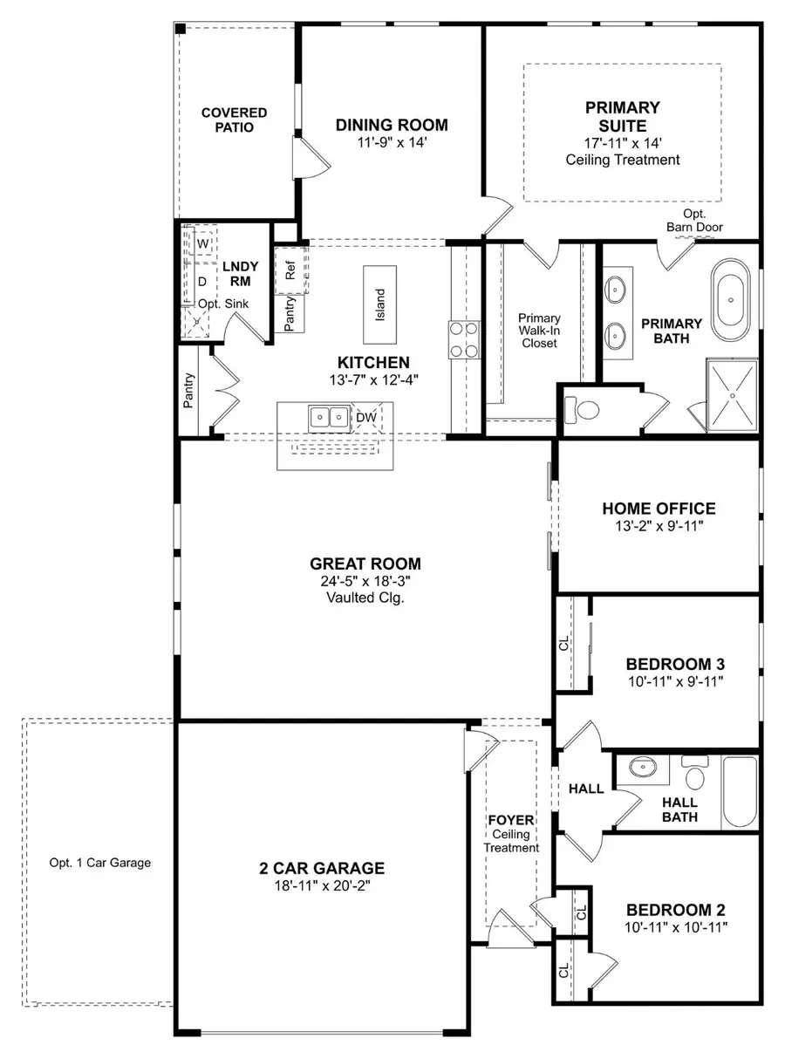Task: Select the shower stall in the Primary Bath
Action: [732, 394]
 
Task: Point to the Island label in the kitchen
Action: [379, 305]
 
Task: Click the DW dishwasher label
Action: [365, 418]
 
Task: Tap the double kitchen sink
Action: [329, 418]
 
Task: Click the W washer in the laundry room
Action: [202, 242]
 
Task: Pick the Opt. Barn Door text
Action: [694, 221]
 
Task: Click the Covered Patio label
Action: [234, 120]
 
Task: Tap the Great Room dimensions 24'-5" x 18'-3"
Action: [365, 581]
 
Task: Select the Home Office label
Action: [659, 509]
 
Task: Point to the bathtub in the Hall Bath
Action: [741, 791]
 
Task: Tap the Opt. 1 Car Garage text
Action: [100, 863]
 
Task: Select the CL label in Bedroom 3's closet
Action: [563, 645]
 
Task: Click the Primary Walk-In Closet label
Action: [539, 331]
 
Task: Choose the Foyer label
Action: [511, 821]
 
